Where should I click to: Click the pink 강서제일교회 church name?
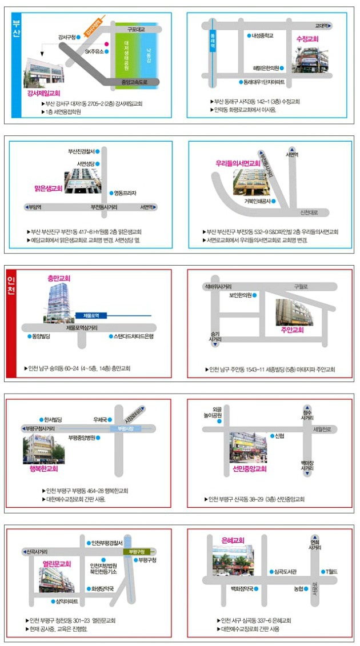click(43, 92)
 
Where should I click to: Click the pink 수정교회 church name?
click(307, 39)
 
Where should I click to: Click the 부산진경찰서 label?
click(81, 151)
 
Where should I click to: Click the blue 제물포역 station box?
click(88, 315)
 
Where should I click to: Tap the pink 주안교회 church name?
click(292, 330)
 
